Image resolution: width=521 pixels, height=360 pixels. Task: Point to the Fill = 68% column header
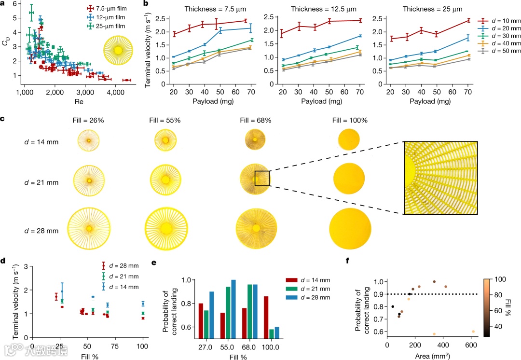coord(254,120)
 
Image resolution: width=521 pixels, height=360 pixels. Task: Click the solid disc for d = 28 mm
coord(350,227)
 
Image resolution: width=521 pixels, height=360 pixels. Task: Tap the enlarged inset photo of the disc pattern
coord(441,178)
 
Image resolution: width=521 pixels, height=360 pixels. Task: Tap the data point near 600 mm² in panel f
coord(473,332)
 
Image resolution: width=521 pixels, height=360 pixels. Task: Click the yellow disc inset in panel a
coord(118,50)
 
